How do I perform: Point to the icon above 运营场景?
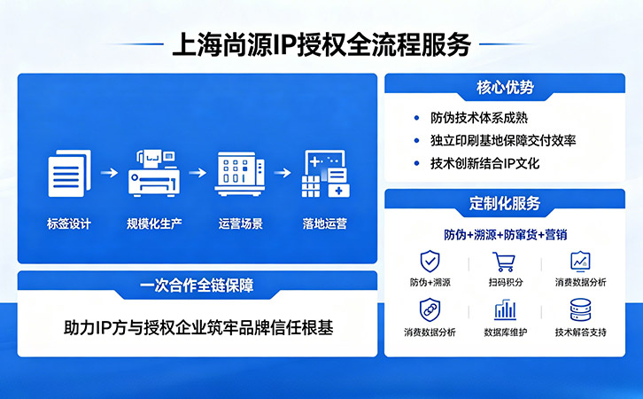(x=240, y=174)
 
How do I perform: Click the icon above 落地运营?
(x=325, y=174)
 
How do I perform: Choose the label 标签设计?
(x=69, y=223)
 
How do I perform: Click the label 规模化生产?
(x=154, y=223)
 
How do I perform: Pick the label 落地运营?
(x=325, y=223)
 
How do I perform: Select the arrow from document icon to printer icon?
(x=109, y=173)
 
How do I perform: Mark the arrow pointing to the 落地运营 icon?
(x=283, y=173)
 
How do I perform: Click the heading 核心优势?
(x=504, y=89)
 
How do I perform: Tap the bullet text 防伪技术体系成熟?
(x=479, y=117)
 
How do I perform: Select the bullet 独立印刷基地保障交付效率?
(x=503, y=140)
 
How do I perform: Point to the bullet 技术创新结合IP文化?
(x=484, y=163)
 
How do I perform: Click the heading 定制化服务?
(x=504, y=204)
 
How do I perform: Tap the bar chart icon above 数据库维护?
(x=505, y=310)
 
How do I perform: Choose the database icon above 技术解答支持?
(x=580, y=310)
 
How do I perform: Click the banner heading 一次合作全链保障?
(x=197, y=286)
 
